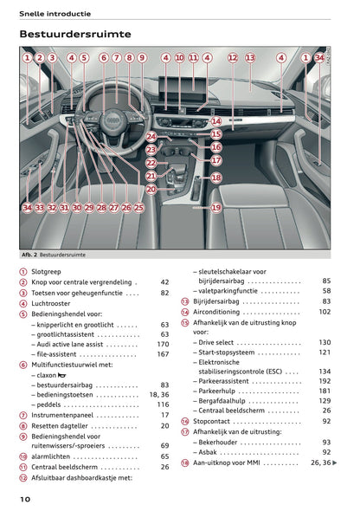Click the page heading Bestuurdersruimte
click(75, 34)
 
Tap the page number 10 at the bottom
click(26, 500)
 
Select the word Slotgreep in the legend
click(49, 271)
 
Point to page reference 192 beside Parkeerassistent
click(325, 380)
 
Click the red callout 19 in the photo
click(215, 208)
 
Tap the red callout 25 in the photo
click(138, 208)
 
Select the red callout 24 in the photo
click(151, 137)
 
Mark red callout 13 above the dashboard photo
click(250, 58)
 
